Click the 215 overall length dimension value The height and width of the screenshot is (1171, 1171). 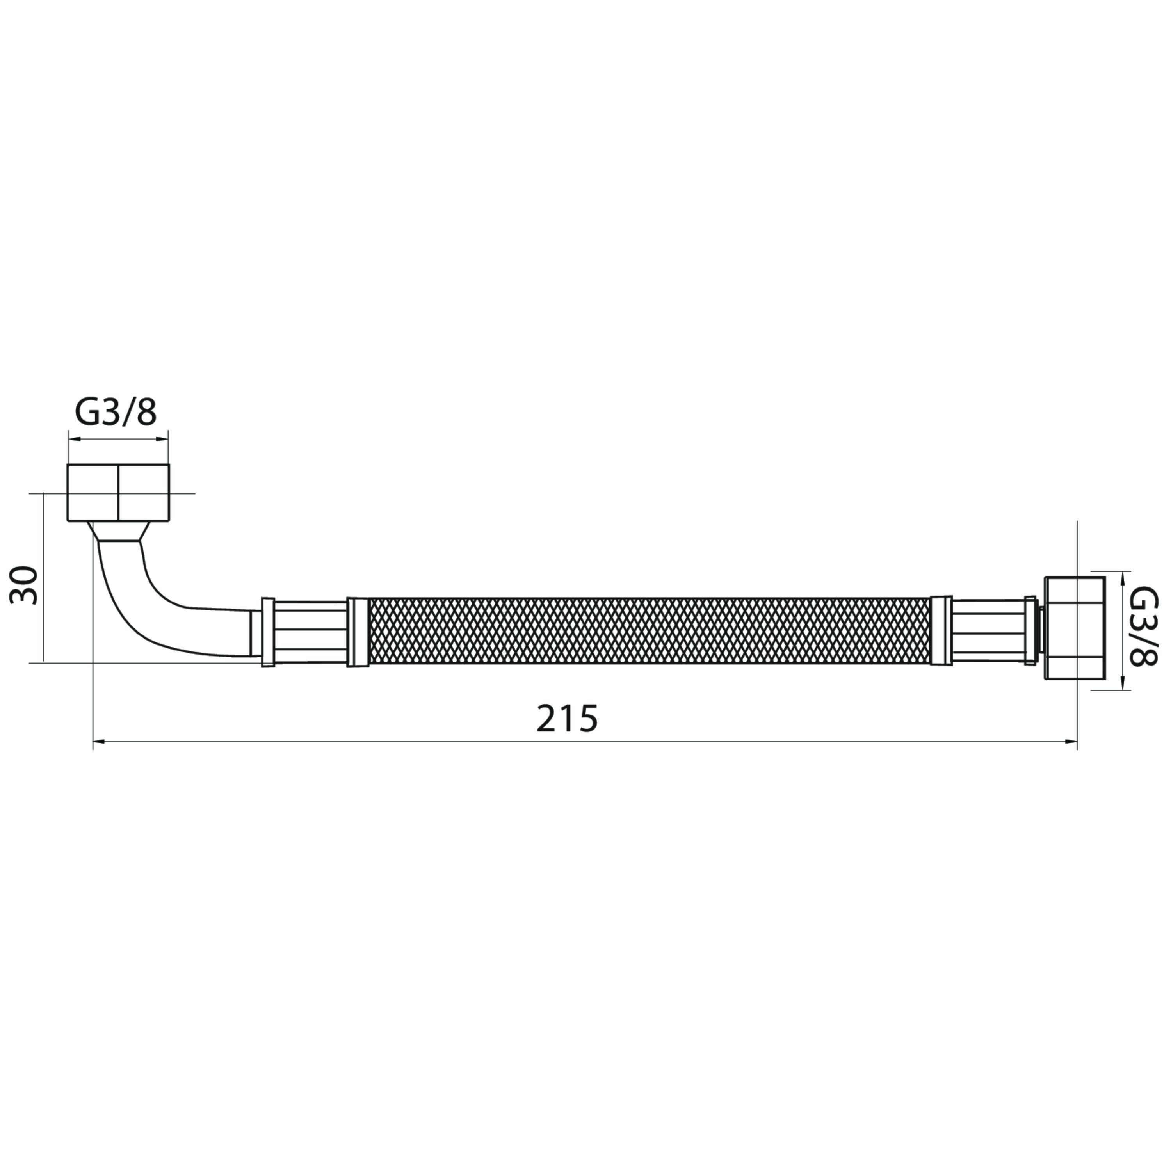click(567, 719)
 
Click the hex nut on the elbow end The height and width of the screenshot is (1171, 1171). click(118, 493)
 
